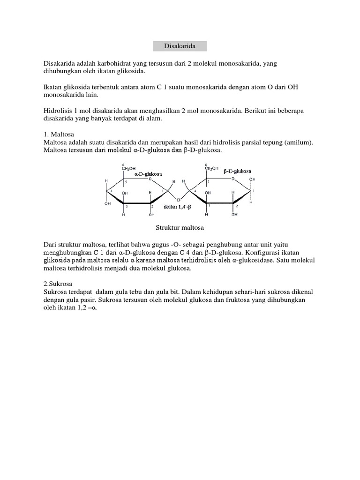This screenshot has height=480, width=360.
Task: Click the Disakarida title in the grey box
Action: (180, 46)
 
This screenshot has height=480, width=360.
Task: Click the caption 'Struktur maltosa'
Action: (180, 228)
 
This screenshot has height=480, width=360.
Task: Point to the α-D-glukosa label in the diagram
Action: (148, 173)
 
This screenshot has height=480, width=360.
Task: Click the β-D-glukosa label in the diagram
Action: (237, 172)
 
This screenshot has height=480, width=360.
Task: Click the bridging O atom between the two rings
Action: (179, 200)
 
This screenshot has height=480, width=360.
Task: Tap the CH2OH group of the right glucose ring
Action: (211, 168)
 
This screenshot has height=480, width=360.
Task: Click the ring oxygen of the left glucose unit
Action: (150, 179)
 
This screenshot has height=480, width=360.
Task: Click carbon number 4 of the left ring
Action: (112, 190)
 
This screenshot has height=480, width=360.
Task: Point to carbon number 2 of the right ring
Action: (237, 206)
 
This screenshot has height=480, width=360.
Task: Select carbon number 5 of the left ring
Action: (126, 182)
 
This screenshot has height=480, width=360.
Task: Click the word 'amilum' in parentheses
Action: (297, 142)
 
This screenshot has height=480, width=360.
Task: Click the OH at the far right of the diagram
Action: (252, 179)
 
